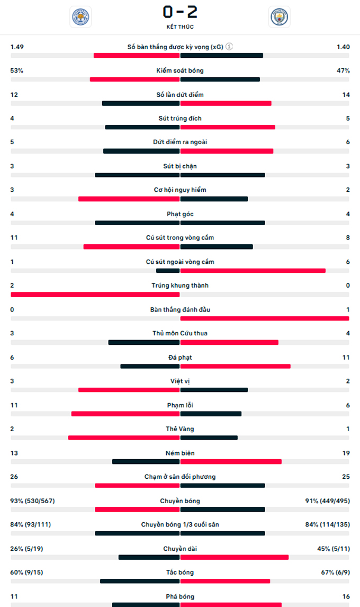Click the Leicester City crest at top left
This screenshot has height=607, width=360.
tap(80, 17)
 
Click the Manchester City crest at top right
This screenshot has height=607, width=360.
tap(279, 17)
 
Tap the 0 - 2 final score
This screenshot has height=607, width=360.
tap(180, 12)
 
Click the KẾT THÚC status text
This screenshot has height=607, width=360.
tap(180, 26)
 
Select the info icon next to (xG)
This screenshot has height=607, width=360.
tap(229, 47)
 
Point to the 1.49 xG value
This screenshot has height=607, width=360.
tap(17, 47)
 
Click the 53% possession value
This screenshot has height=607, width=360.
tap(17, 70)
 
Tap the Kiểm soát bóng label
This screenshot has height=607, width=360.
tap(180, 70)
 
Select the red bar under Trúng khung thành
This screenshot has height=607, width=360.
tap(95, 294)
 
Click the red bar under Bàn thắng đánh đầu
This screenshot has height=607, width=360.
tap(265, 318)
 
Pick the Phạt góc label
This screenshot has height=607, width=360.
tap(180, 214)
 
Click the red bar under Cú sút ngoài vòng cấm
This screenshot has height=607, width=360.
tap(253, 271)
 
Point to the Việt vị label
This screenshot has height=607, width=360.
tap(180, 381)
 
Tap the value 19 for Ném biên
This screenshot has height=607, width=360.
tap(346, 453)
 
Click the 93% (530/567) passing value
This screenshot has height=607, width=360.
tap(31, 501)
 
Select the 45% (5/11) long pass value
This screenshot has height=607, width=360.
tap(333, 548)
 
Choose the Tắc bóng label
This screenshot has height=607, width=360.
tap(180, 572)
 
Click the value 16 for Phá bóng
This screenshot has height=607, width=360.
tap(346, 596)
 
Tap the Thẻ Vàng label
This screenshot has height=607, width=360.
tap(180, 429)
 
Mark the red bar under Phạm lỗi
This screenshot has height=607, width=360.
tap(125, 414)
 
